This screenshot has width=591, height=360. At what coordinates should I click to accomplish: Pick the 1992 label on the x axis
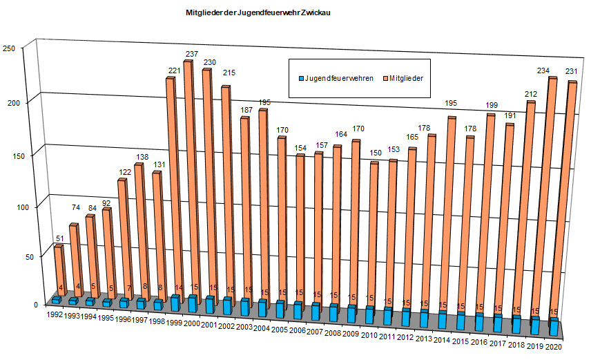point(55,314)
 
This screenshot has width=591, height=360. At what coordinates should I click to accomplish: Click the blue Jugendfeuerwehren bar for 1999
point(176,303)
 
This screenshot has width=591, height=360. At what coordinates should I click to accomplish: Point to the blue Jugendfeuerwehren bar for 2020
point(553,327)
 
